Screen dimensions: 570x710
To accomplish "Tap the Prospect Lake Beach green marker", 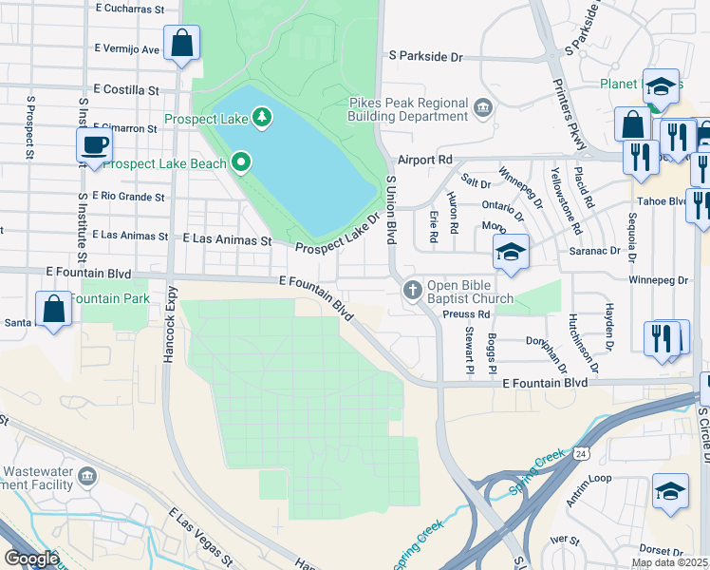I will pos(241,163).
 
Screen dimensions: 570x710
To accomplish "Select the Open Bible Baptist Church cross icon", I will pos(413,289).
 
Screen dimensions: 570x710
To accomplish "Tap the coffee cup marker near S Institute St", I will pos(95,146).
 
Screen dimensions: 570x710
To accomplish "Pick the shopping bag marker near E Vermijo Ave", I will pos(181,43).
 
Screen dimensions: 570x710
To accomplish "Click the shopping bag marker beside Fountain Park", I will pos(54,309).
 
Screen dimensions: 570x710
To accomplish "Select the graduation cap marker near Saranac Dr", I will pos(511,253).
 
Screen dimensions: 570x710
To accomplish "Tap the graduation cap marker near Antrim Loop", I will pos(670,492).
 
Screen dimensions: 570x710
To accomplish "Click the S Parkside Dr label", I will pos(424,57).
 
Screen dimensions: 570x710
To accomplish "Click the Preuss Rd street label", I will pos(470,314).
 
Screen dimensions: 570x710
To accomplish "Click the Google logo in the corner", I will pos(31,559).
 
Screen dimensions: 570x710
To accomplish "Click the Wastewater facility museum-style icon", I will pos(88,475).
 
